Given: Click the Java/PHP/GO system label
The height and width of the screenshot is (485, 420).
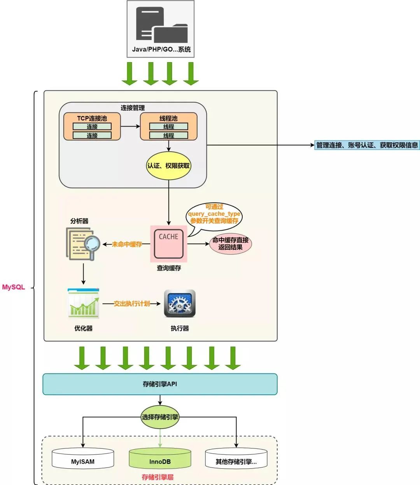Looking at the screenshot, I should [161, 49].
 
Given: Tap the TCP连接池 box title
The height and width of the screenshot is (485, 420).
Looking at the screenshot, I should [92, 118].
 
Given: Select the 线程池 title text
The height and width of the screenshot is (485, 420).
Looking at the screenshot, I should [168, 118].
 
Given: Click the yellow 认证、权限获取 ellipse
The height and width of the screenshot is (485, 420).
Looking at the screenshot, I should [168, 166].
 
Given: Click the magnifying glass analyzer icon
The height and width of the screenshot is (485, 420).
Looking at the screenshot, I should [83, 244].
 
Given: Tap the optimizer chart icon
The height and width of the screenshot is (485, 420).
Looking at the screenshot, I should [83, 303].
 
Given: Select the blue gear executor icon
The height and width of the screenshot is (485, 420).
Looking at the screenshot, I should [180, 303].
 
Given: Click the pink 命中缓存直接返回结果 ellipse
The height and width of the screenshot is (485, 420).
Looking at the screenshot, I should [230, 243].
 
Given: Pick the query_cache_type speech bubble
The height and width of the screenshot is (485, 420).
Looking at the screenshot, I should [214, 214].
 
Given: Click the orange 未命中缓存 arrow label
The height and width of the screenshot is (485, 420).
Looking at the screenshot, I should [127, 244].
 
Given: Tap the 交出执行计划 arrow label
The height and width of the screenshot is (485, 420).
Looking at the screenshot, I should [131, 303].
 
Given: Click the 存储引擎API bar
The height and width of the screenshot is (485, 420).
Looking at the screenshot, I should [160, 384].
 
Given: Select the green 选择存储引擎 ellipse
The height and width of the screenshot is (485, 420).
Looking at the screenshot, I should [160, 417].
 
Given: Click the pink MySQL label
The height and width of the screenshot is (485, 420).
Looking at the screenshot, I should [14, 287].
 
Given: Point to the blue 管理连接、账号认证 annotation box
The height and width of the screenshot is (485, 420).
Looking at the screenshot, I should [367, 145].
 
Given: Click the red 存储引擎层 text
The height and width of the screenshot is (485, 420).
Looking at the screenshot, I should [157, 477].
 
